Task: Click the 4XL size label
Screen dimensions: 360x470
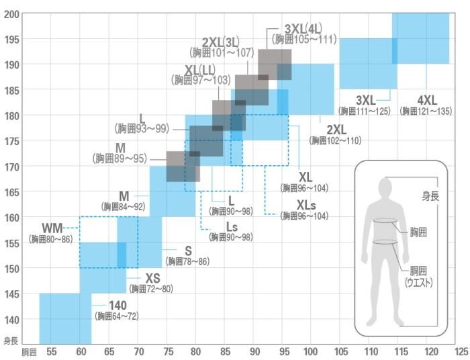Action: coord(427,99)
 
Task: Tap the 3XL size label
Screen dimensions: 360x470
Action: coord(365,99)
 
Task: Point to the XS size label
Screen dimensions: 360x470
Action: coord(153,278)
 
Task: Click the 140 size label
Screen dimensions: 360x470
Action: coord(117,305)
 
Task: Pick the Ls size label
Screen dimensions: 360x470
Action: coord(232,226)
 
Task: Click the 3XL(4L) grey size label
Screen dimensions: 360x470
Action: coord(303,29)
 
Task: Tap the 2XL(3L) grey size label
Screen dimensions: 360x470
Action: coord(221,42)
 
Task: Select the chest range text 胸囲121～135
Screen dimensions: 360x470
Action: coord(426,111)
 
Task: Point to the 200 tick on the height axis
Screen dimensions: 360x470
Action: coord(11,13)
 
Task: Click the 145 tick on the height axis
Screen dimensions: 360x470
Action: coord(11,294)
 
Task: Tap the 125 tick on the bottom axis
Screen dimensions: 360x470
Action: coord(461,352)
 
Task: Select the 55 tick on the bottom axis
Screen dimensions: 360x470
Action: coord(51,352)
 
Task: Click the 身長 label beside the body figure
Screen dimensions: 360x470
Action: coord(430,196)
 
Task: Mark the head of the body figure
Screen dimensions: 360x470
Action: coord(385,186)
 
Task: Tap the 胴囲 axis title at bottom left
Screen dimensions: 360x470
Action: coord(28,352)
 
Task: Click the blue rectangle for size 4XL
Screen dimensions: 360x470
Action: coord(420,38)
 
